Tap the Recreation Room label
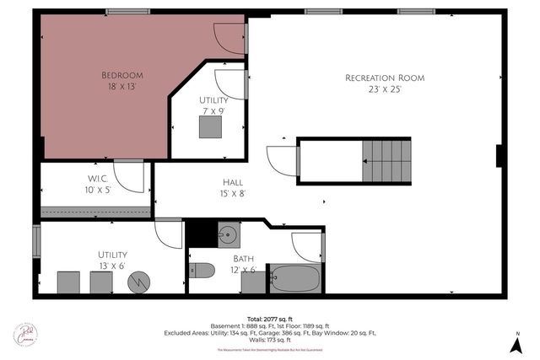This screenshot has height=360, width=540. point(385,78)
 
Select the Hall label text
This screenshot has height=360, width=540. point(234,181)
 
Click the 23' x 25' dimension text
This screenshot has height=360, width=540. point(385,89)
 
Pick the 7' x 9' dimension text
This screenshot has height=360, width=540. point(213,111)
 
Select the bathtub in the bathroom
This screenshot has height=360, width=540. point(294,278)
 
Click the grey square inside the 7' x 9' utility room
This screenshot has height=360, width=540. point(211,126)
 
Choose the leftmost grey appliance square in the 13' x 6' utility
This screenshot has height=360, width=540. point(68,282)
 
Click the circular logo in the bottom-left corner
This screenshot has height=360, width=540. point(25,334)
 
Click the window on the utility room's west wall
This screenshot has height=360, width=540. point(35,240)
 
